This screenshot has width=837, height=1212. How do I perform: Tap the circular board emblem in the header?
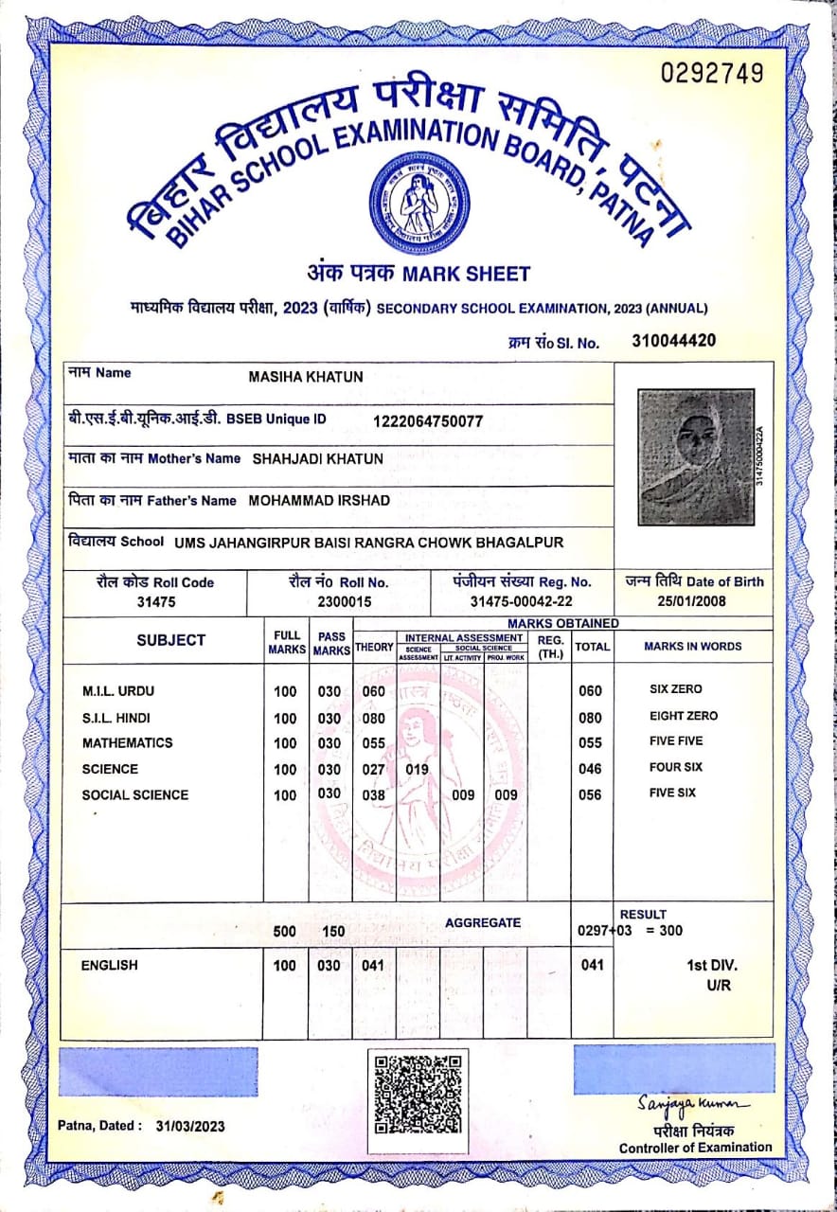[x=418, y=201]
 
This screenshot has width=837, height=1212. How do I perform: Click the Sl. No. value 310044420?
[x=673, y=341]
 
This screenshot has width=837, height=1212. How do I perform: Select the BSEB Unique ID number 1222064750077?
[x=428, y=420]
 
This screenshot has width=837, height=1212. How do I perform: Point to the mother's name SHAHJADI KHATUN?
[x=318, y=459]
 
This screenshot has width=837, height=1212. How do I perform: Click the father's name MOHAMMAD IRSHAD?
[x=319, y=500]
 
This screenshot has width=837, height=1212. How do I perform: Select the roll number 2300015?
[x=338, y=601]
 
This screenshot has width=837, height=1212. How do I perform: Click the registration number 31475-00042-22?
[x=522, y=601]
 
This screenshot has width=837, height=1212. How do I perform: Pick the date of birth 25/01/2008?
[x=694, y=601]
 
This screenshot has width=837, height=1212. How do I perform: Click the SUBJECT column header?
[x=171, y=640]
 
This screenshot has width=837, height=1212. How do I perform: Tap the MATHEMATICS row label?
[x=128, y=742]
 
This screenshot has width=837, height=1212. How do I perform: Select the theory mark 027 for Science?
[x=374, y=769]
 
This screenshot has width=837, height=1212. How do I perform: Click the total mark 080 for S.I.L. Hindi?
[x=590, y=718]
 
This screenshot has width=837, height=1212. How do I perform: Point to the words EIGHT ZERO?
[x=683, y=716]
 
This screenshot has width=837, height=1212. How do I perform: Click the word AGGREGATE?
[x=483, y=922]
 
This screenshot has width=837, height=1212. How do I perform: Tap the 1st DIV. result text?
[x=711, y=966]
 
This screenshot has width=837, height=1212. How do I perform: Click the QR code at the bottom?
[x=418, y=1093]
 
